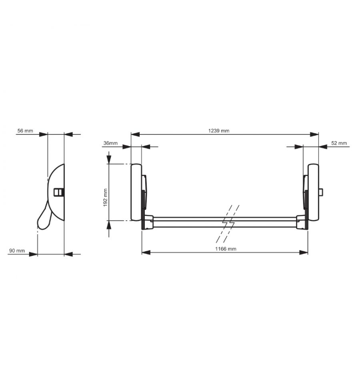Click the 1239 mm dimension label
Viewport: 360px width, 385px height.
[219, 130]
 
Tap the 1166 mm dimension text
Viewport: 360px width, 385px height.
[226, 249]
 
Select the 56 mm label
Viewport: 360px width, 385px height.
[25, 130]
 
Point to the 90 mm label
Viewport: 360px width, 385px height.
[17, 251]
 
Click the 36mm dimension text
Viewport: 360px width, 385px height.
[110, 143]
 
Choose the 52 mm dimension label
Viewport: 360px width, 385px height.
[339, 143]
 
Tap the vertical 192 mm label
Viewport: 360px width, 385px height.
[106, 198]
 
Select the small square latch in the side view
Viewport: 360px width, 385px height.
[59, 192]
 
